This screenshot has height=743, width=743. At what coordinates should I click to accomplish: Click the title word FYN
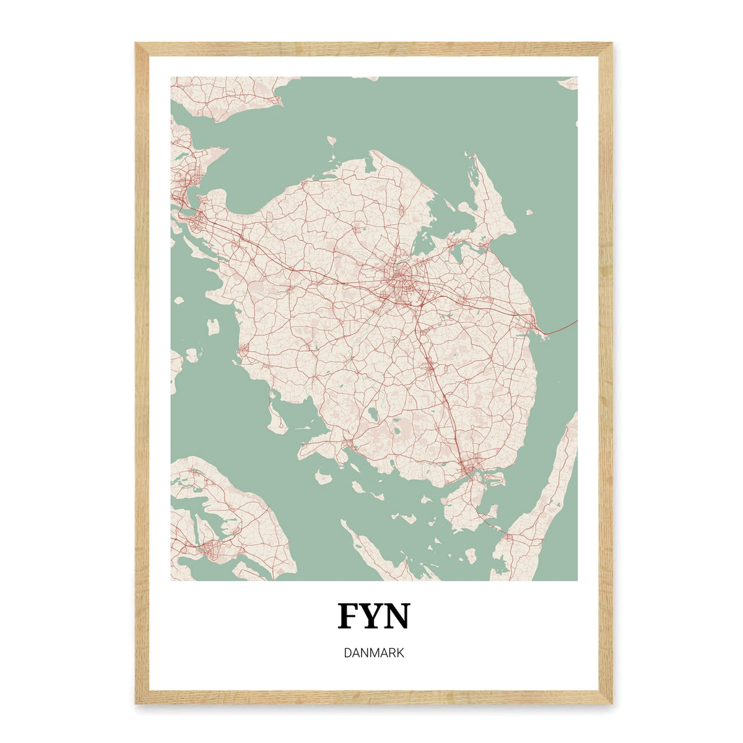click(373, 616)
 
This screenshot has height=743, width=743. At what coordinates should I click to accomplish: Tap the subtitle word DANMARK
click(373, 653)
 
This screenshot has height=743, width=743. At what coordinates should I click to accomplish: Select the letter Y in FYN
click(373, 616)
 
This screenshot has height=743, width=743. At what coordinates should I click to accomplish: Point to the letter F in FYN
click(349, 616)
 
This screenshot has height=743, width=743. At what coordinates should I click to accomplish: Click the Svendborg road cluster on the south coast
click(472, 464)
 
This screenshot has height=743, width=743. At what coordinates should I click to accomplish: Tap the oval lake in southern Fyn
click(373, 414)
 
